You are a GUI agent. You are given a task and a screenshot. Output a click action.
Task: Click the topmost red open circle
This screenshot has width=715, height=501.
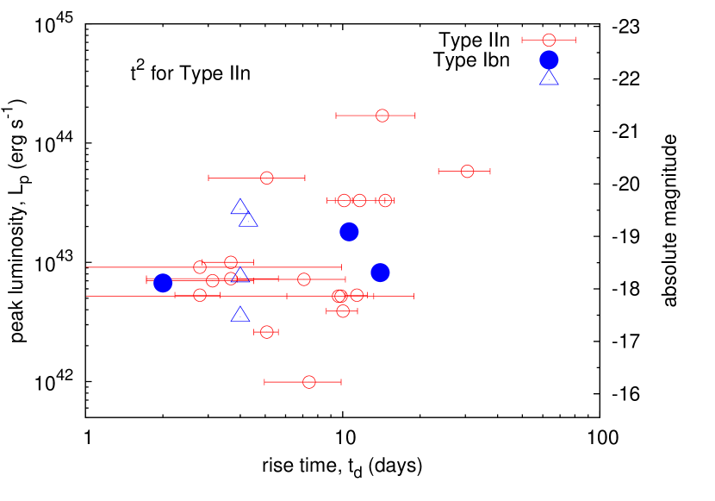tap(549, 40)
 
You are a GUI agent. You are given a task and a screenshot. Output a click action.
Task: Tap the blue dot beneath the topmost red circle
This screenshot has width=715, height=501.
tap(549, 59)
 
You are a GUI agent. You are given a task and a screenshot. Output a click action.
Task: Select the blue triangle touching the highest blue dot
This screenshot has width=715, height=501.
tap(549, 78)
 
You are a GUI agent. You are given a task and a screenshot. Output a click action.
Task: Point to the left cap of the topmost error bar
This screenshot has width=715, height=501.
tap(522, 40)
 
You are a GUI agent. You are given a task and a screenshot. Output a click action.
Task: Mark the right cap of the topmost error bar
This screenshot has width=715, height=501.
tap(575, 40)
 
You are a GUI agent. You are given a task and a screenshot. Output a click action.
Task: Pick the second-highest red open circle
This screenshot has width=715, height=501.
tap(382, 116)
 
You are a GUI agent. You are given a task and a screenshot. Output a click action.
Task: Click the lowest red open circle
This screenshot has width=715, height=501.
tap(309, 382)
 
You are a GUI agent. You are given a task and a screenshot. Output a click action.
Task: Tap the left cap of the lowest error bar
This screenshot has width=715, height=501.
tap(264, 382)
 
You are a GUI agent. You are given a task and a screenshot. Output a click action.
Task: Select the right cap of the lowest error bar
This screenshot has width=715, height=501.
tap(341, 382)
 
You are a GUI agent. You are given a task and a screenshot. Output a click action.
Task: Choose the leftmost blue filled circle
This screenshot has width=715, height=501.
tap(163, 283)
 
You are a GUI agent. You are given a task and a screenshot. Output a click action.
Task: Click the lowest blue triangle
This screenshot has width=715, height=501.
tap(240, 315)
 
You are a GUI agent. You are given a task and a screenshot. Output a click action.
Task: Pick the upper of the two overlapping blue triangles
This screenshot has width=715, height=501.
tap(240, 207)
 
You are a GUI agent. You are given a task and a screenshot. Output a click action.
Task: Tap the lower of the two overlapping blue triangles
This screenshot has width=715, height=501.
tap(248, 220)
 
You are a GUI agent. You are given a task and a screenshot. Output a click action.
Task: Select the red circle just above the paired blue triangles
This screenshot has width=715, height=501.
tap(267, 178)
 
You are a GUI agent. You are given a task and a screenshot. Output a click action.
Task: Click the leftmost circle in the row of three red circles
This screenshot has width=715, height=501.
tap(345, 200)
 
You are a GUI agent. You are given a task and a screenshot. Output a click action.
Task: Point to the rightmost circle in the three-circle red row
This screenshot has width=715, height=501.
tap(385, 200)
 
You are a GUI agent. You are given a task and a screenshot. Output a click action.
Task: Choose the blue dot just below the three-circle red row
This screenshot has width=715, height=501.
tap(349, 231)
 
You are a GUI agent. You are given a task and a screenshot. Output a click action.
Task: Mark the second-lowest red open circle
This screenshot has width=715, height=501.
tap(266, 332)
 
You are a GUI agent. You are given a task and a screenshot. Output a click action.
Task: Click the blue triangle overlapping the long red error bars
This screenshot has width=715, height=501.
tap(240, 275)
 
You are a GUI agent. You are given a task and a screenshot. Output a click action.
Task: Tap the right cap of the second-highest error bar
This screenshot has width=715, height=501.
tap(415, 116)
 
